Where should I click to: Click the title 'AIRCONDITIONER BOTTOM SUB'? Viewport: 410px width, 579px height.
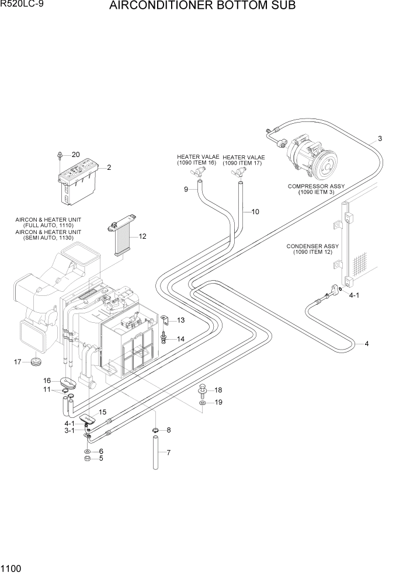[202, 6]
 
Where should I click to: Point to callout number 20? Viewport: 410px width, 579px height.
[75, 155]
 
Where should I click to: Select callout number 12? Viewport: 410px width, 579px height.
[142, 236]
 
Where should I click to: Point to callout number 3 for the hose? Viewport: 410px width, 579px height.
[380, 139]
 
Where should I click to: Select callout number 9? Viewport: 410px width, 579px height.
[186, 189]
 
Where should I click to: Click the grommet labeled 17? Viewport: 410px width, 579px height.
[36, 363]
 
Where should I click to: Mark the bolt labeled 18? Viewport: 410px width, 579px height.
[202, 389]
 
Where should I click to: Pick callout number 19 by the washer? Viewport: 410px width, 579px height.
[218, 403]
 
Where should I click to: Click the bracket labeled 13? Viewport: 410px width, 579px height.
[166, 320]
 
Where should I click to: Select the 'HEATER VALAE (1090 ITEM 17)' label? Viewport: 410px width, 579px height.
[244, 160]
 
